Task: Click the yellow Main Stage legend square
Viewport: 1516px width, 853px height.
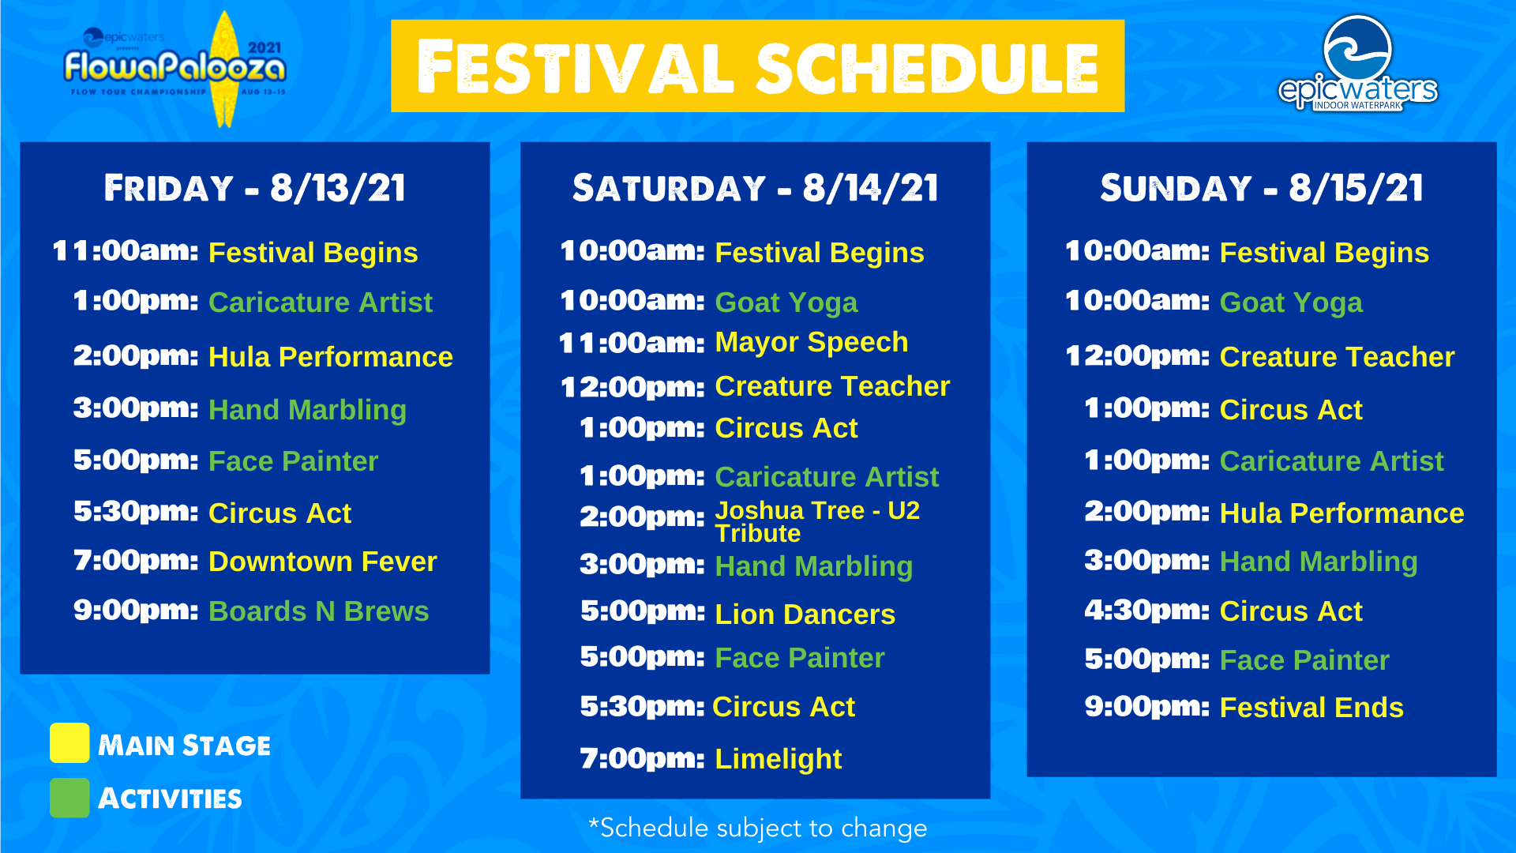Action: click(x=69, y=742)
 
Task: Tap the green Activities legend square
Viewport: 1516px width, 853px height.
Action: click(x=69, y=798)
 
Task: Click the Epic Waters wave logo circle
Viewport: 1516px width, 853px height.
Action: click(x=1357, y=49)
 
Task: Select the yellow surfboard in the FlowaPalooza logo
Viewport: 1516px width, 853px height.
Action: click(x=226, y=70)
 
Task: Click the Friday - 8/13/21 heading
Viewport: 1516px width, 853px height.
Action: click(x=255, y=188)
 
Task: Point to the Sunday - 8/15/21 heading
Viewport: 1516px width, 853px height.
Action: click(x=1262, y=188)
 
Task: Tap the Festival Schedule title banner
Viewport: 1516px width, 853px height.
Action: click(x=757, y=66)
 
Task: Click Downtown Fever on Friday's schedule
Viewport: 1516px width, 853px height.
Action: click(x=322, y=562)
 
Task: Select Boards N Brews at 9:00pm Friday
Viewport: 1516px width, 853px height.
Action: click(x=318, y=611)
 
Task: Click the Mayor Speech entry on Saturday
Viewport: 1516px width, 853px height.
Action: click(x=811, y=342)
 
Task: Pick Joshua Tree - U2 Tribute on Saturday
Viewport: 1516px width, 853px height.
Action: click(x=817, y=521)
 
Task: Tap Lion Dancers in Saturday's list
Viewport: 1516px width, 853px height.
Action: click(x=805, y=614)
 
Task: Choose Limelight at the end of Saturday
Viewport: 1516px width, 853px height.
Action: click(x=778, y=759)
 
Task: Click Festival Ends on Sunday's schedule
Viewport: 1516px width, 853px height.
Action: click(x=1311, y=708)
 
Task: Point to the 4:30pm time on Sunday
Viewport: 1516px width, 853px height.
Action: click(x=1146, y=611)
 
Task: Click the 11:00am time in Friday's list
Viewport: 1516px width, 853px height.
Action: click(x=126, y=251)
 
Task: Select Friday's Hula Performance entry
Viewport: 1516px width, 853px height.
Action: click(x=330, y=357)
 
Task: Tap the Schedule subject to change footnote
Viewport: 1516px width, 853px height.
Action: click(x=757, y=828)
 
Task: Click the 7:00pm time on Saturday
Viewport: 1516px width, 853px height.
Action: click(x=642, y=758)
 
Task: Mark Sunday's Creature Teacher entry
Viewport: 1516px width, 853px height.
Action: click(x=1337, y=357)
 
